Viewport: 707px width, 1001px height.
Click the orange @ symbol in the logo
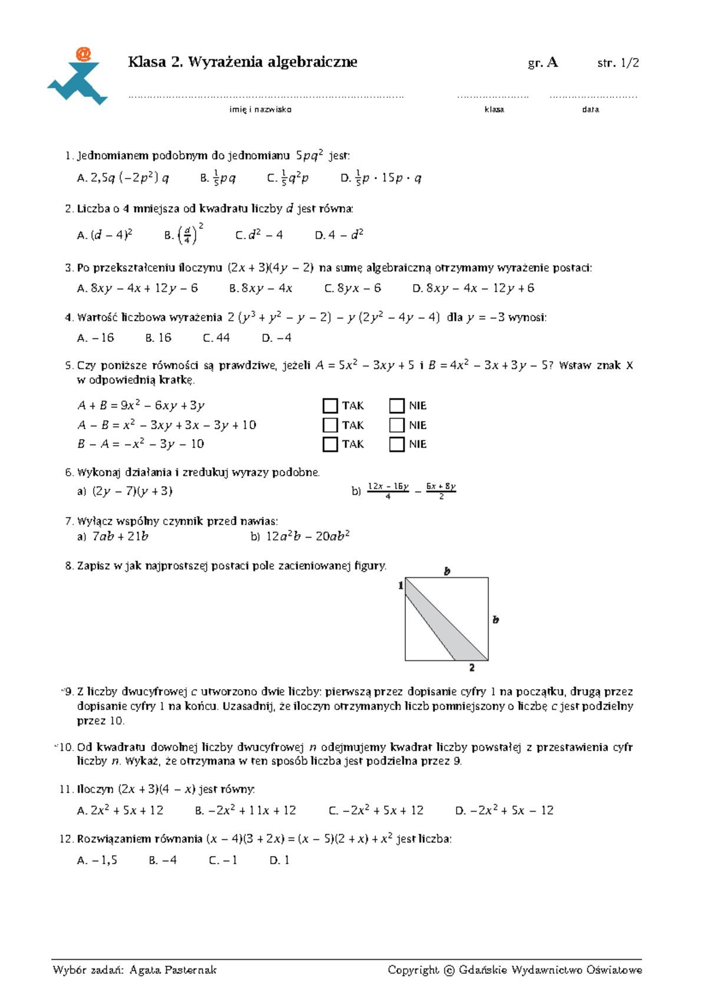pos(83,55)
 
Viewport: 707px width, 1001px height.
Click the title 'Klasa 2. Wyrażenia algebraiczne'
pos(242,62)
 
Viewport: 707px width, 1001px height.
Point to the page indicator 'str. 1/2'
pos(617,63)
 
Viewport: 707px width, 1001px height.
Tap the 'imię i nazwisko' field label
pos(260,110)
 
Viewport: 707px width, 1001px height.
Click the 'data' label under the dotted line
pos(590,110)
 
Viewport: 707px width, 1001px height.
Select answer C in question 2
pos(259,235)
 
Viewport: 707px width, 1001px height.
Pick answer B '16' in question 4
pos(158,338)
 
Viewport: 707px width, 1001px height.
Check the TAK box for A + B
pos(331,406)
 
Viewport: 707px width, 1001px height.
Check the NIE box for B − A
pos(397,444)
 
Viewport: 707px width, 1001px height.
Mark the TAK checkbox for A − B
pos(331,425)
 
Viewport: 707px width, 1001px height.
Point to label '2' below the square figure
pos(472,668)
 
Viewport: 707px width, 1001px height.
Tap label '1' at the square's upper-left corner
pos(401,585)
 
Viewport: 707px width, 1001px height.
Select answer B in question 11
pos(246,811)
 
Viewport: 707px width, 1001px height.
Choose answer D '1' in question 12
pos(279,861)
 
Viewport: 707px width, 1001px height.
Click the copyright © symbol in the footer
pos(449,970)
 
